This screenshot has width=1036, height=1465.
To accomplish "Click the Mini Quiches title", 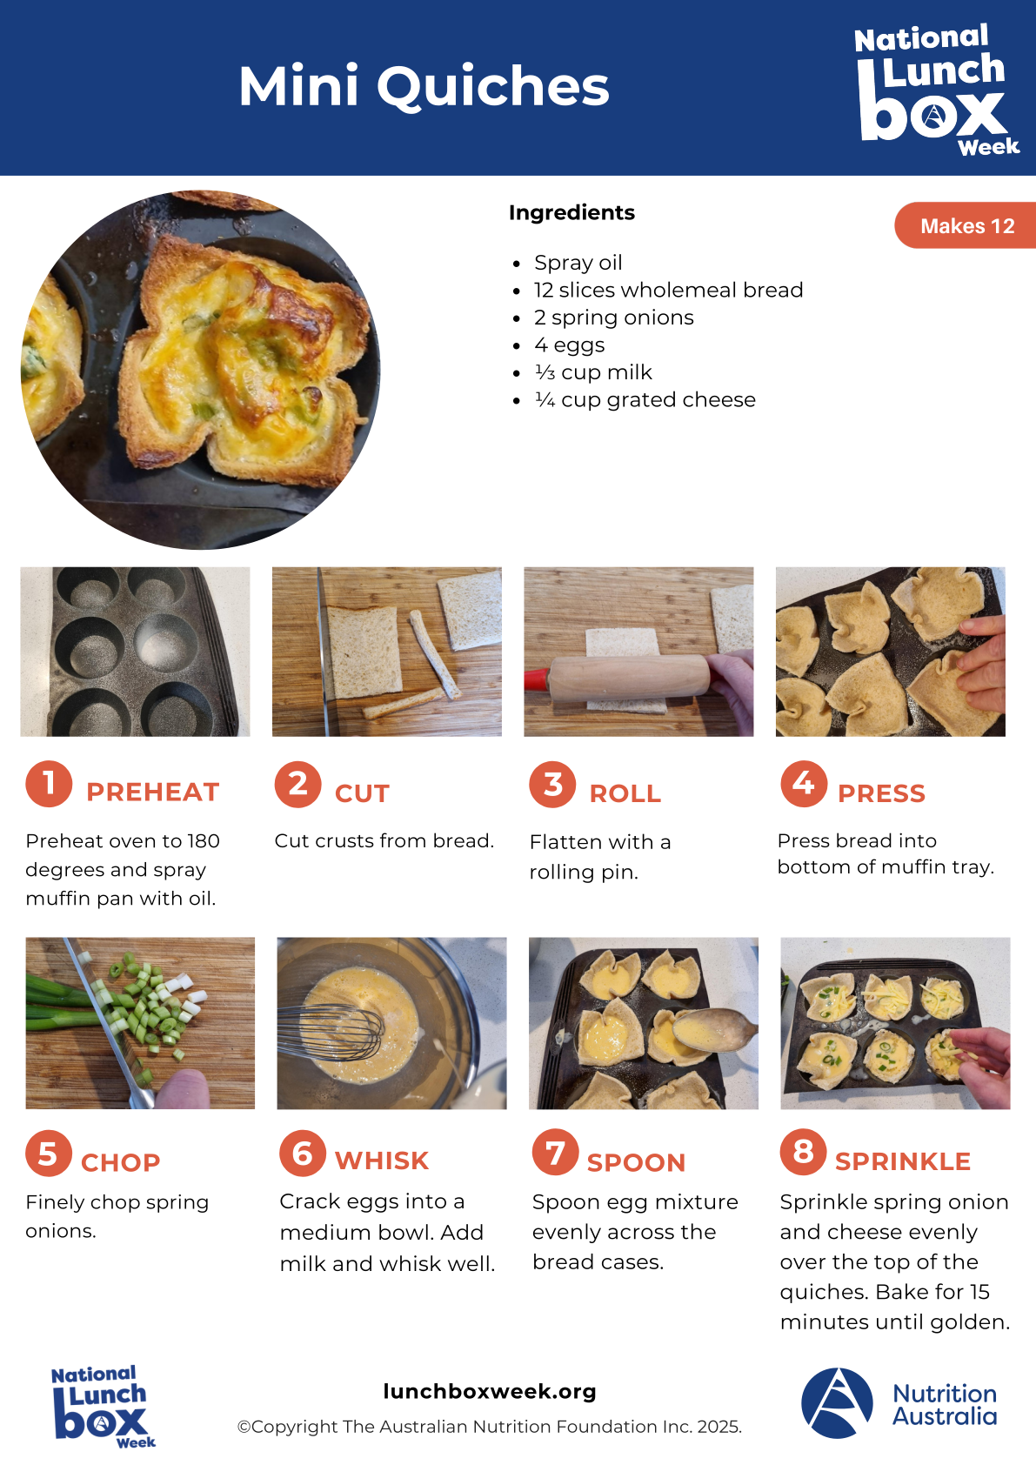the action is [x=424, y=86].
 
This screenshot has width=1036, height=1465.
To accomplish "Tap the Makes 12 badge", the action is [x=966, y=225].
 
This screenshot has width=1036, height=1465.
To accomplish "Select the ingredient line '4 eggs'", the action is [x=569, y=345].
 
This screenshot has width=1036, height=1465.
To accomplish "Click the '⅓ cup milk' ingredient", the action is [x=592, y=372].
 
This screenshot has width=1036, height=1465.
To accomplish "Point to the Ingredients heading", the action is [x=571, y=212].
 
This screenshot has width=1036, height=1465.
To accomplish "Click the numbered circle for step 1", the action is [x=49, y=784].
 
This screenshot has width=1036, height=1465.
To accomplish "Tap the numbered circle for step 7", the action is [x=555, y=1152].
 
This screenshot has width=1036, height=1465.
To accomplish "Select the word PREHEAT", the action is [x=152, y=792].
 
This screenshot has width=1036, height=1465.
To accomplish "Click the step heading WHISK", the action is [x=382, y=1161].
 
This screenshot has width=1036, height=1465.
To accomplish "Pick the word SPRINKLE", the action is [x=903, y=1161].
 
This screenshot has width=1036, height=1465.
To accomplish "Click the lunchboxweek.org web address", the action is [x=490, y=1391].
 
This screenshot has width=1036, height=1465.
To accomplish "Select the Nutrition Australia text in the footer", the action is [x=945, y=1405].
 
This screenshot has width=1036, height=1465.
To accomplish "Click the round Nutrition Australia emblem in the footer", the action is [x=837, y=1403].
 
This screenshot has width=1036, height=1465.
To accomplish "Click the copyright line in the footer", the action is [x=489, y=1427].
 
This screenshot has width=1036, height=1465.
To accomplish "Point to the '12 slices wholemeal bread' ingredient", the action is [x=668, y=290].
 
